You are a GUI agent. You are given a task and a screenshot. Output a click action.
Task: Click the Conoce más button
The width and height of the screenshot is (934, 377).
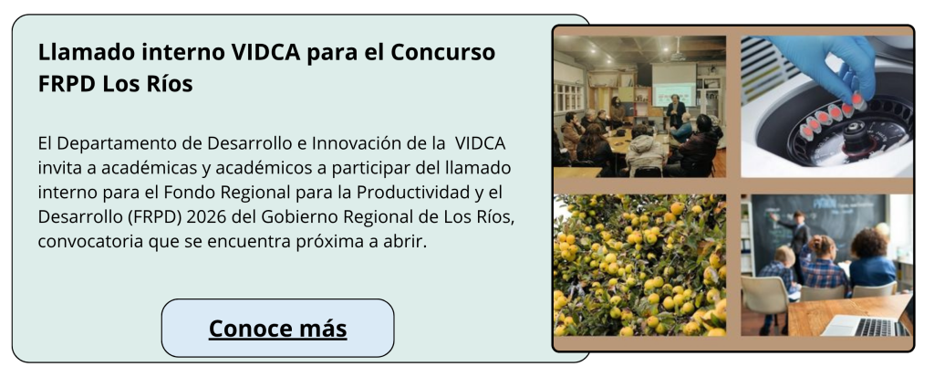tap(277, 328)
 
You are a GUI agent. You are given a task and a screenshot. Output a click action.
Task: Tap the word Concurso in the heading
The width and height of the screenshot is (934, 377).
tap(442, 53)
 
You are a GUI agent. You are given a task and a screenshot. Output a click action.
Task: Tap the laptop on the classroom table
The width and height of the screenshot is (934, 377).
tap(866, 326)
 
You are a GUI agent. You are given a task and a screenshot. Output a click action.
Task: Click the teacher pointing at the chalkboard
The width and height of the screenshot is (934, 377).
tap(794, 242)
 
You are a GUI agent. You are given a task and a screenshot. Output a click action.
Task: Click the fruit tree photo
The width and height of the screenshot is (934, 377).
tap(639, 265)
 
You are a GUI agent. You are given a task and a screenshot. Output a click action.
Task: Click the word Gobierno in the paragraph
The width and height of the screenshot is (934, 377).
tap(288, 217)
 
